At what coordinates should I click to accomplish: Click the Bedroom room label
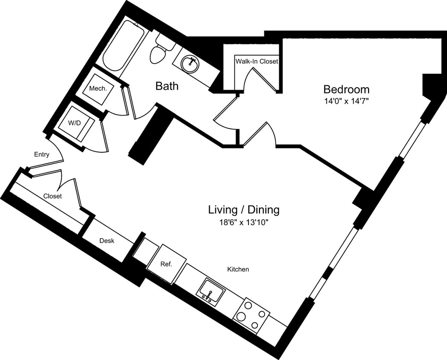[x=346, y=90]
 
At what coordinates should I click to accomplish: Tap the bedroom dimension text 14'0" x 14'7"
[x=346, y=102]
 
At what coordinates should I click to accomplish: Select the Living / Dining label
[x=244, y=209]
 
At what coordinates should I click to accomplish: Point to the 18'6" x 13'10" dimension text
[x=244, y=222]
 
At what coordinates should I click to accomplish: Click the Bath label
[x=167, y=87]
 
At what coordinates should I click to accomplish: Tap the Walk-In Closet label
[x=257, y=61]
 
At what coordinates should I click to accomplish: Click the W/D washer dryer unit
[x=76, y=123]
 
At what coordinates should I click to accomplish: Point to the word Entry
[x=42, y=154]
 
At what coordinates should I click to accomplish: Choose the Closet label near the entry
[x=53, y=196]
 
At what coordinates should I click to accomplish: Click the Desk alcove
[x=107, y=241]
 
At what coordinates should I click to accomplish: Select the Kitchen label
[x=238, y=270]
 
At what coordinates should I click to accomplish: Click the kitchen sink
[x=210, y=291]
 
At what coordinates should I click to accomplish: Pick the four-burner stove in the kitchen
[x=251, y=316]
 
